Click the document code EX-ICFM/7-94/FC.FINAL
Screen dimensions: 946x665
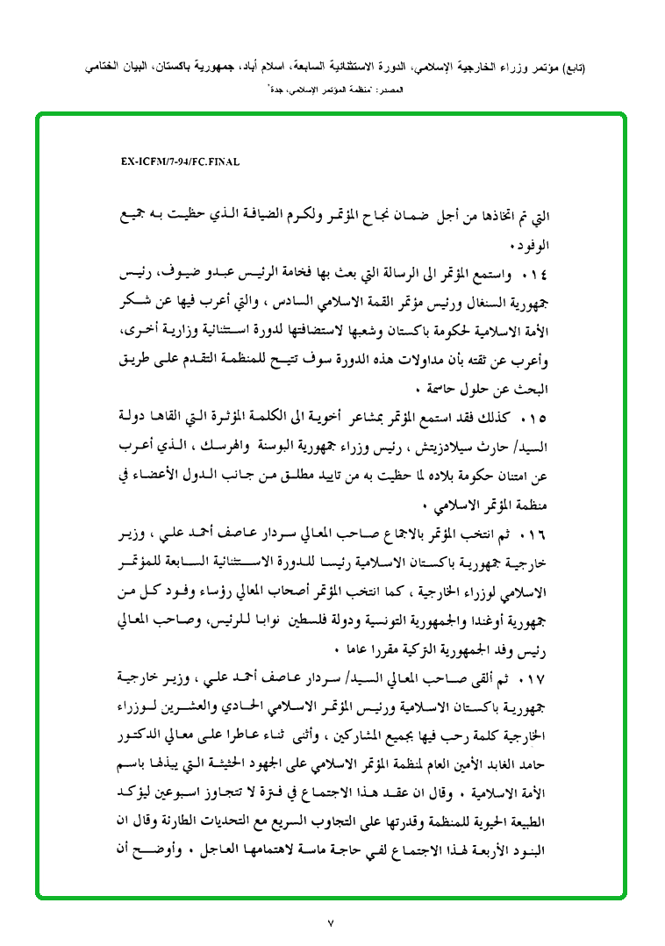pos(181,162)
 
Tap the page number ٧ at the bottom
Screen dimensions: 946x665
pos(331,922)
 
